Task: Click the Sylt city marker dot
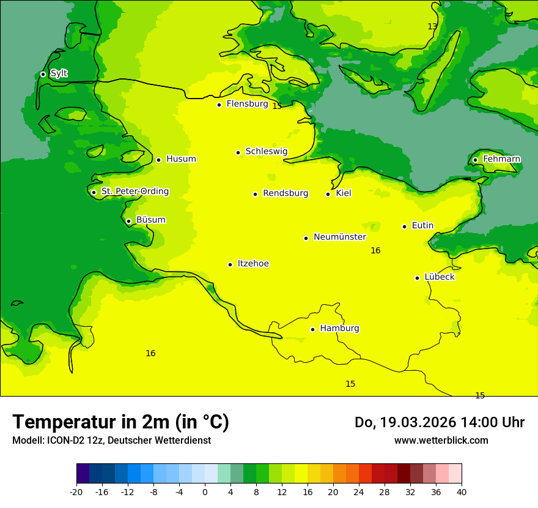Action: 43,74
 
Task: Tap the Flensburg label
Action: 247,104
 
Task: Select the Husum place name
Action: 181,159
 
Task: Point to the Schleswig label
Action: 266,151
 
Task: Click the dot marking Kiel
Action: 328,194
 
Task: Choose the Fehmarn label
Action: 501,159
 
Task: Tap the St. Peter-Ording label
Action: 134,192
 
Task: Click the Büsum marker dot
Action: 128,221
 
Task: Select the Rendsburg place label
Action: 286,193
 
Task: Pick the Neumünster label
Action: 339,237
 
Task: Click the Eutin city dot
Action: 404,226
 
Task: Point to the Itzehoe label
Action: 253,264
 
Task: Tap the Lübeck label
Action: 439,277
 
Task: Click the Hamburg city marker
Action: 312,329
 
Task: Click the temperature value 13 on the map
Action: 432,26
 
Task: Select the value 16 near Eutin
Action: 375,250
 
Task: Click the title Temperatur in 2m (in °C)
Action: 120,422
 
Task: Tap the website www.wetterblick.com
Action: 441,440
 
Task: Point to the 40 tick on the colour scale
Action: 461,491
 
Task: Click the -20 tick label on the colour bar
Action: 76,491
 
